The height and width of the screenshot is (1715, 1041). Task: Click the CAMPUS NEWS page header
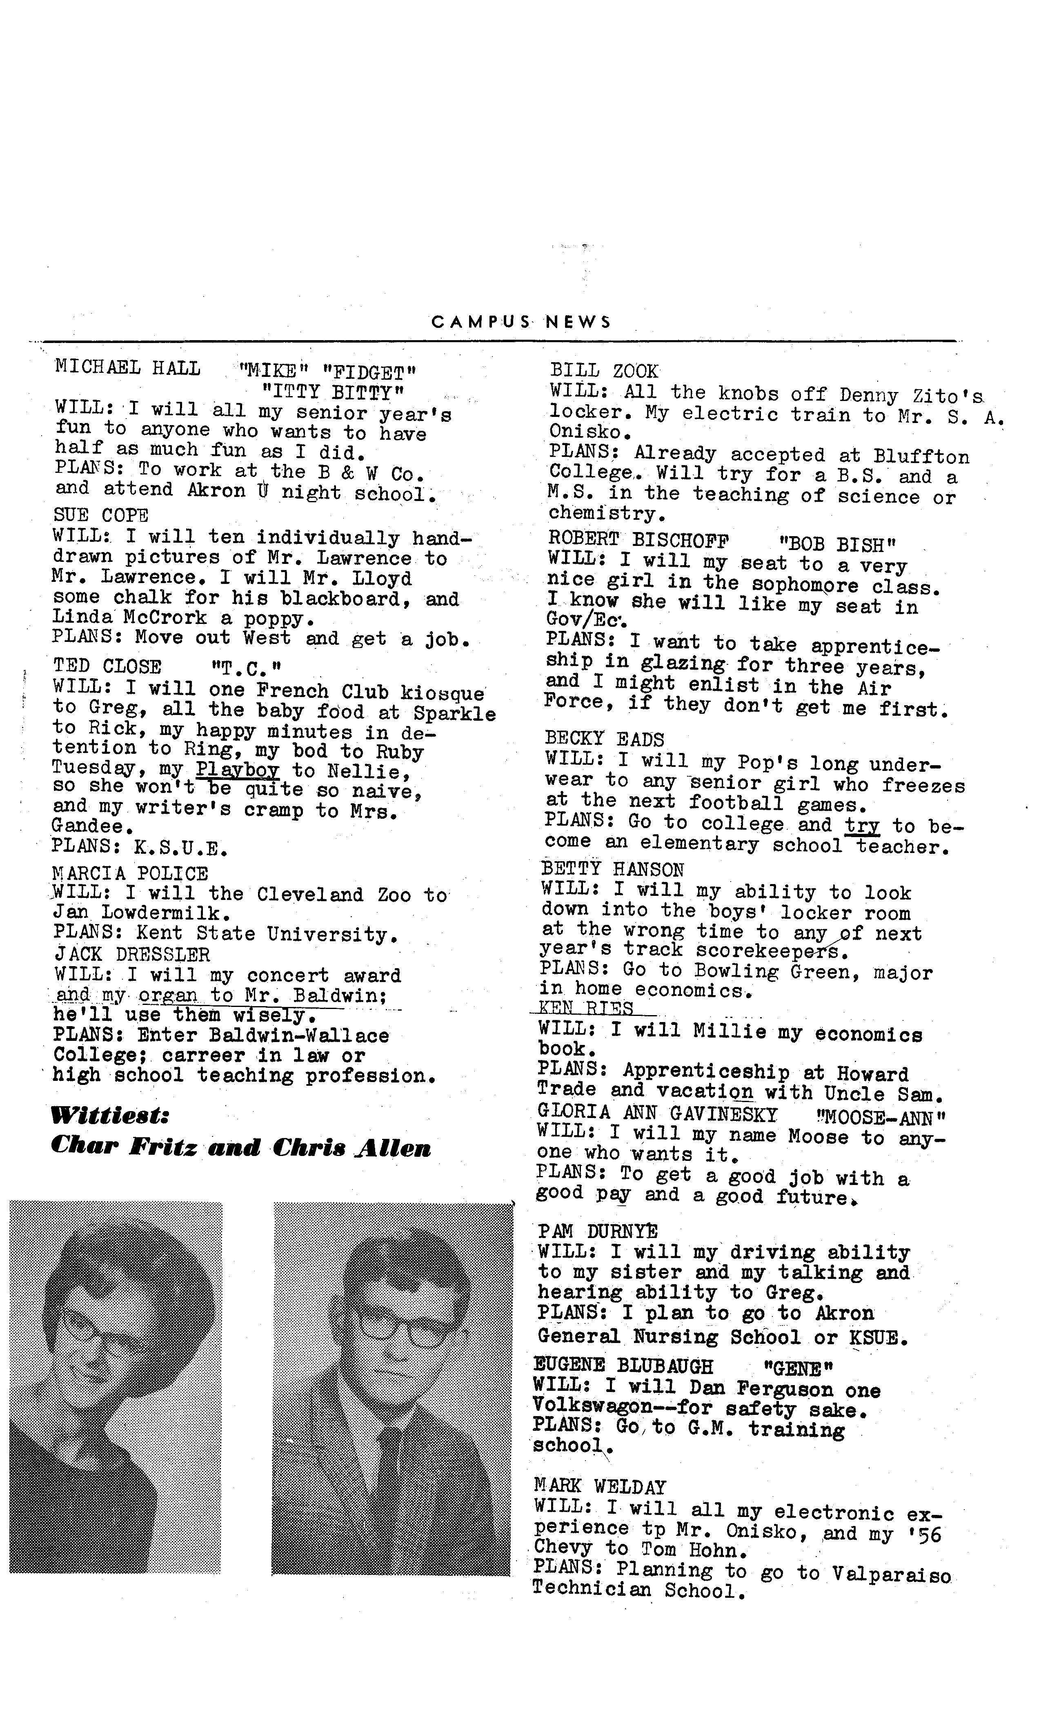click(520, 322)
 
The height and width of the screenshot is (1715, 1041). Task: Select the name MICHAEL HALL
click(127, 367)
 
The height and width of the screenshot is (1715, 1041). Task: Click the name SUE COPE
click(101, 516)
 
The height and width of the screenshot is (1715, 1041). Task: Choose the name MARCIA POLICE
click(130, 873)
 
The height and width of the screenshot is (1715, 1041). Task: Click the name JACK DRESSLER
click(131, 954)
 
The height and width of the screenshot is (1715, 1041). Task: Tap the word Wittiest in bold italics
click(110, 1116)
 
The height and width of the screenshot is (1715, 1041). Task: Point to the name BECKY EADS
click(605, 739)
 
